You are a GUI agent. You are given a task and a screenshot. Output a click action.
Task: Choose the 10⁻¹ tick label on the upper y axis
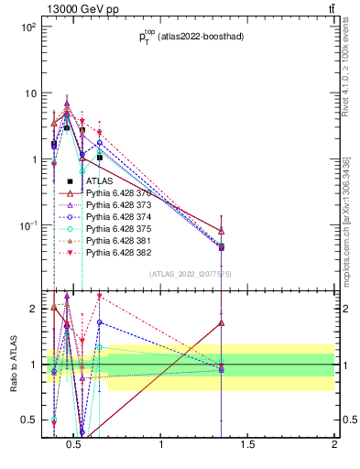point(29,225)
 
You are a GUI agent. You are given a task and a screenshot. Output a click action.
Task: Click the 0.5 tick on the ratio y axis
point(30,420)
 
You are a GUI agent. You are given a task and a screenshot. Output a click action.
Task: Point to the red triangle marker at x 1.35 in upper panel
point(222,231)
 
